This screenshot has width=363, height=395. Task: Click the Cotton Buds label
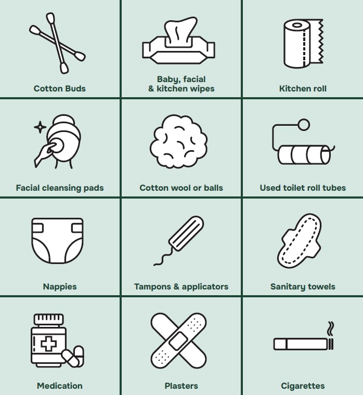[x=60, y=88]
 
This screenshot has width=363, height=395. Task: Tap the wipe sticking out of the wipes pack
[x=180, y=31]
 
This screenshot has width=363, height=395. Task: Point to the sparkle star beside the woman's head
[x=40, y=127]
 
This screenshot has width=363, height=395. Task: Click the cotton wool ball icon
[x=179, y=141]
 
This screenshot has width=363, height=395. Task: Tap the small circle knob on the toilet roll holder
[x=304, y=125]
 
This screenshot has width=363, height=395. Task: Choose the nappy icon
[x=58, y=241]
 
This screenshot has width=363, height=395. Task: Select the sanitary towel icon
[x=300, y=241]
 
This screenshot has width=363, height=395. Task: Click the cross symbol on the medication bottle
[x=49, y=344]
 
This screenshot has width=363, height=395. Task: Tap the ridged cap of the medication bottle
[x=49, y=320]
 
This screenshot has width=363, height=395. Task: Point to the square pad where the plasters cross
[x=178, y=341]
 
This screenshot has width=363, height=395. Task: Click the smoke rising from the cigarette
[x=331, y=329]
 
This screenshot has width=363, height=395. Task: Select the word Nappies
[x=60, y=287]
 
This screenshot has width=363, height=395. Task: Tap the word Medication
[x=60, y=386]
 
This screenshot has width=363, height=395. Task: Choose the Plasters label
[x=181, y=386]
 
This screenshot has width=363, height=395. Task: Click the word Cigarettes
[x=303, y=386]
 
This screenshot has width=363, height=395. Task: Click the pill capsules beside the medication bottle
[x=73, y=356]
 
